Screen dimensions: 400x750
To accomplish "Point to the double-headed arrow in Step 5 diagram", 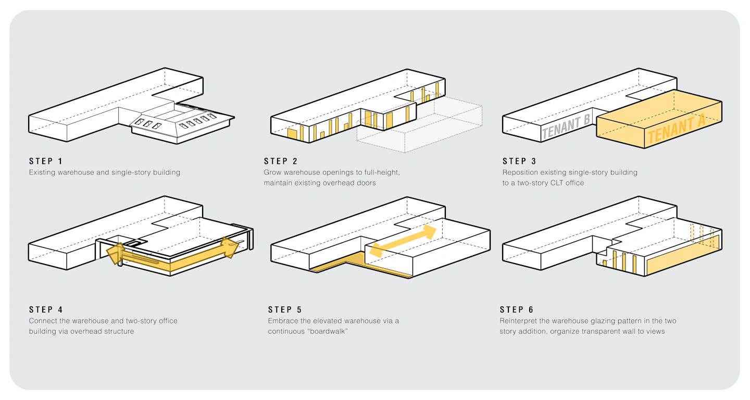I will click(403, 240).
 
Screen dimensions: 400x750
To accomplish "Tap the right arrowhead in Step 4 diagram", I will click(230, 246).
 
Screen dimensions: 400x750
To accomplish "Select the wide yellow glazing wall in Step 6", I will click(682, 255).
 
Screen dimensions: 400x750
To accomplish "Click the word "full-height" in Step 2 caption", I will click(380, 172).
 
